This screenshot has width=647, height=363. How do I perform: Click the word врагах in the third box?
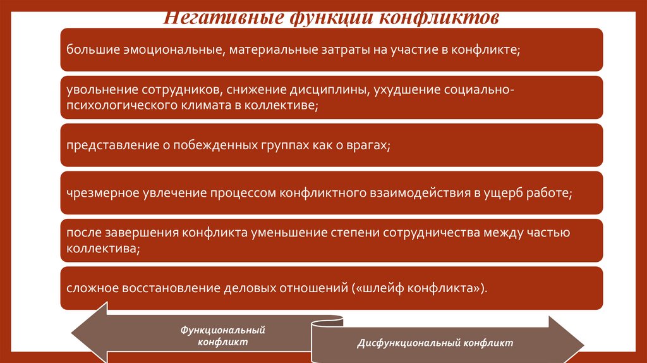pos(366,145)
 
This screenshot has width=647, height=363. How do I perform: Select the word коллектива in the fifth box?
pos(99,249)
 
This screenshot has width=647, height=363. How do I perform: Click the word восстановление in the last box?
pos(170,288)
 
